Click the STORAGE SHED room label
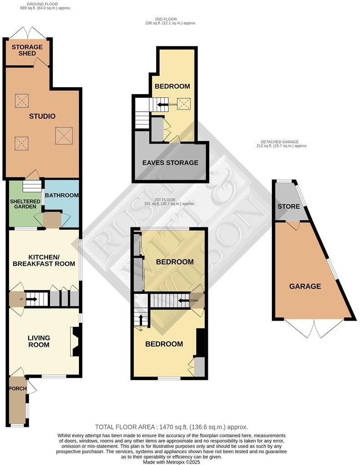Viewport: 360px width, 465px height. pyautogui.click(x=27, y=50)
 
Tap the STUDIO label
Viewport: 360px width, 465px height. pyautogui.click(x=42, y=116)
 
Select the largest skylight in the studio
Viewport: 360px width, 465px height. pyautogui.click(x=63, y=135)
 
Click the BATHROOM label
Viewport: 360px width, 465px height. pyautogui.click(x=62, y=195)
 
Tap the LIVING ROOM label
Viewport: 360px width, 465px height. pyautogui.click(x=39, y=341)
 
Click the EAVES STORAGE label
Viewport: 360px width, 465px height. pyautogui.click(x=170, y=163)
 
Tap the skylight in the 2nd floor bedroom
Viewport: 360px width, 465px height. pyautogui.click(x=184, y=104)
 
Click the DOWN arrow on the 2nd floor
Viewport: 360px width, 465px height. pyautogui.click(x=163, y=104)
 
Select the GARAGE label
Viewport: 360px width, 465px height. pyautogui.click(x=306, y=286)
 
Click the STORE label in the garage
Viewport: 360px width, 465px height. pyautogui.click(x=289, y=207)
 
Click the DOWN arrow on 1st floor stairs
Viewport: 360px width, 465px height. pyautogui.click(x=183, y=300)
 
